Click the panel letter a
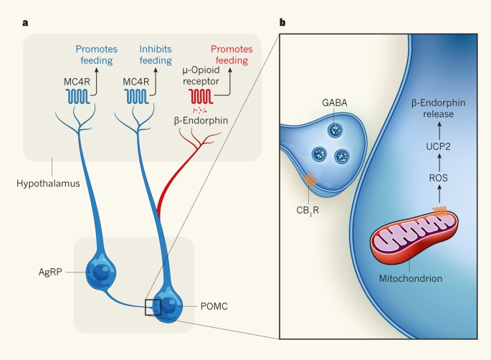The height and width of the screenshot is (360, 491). pyautogui.click(x=25, y=22)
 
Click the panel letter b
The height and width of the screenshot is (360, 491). pyautogui.click(x=282, y=22)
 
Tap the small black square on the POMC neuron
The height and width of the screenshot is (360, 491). pyautogui.click(x=153, y=308)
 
